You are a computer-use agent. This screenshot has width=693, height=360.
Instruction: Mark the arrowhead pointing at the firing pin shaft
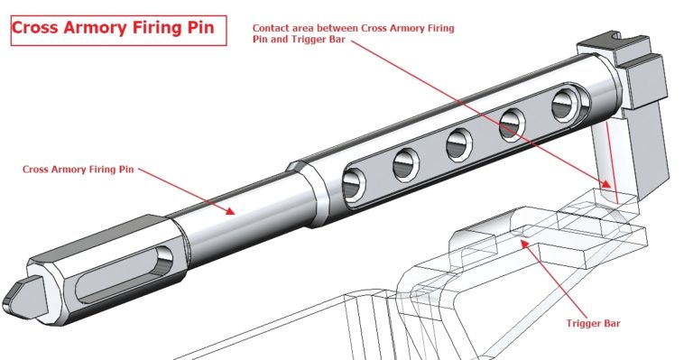pyautogui.click(x=233, y=212)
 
